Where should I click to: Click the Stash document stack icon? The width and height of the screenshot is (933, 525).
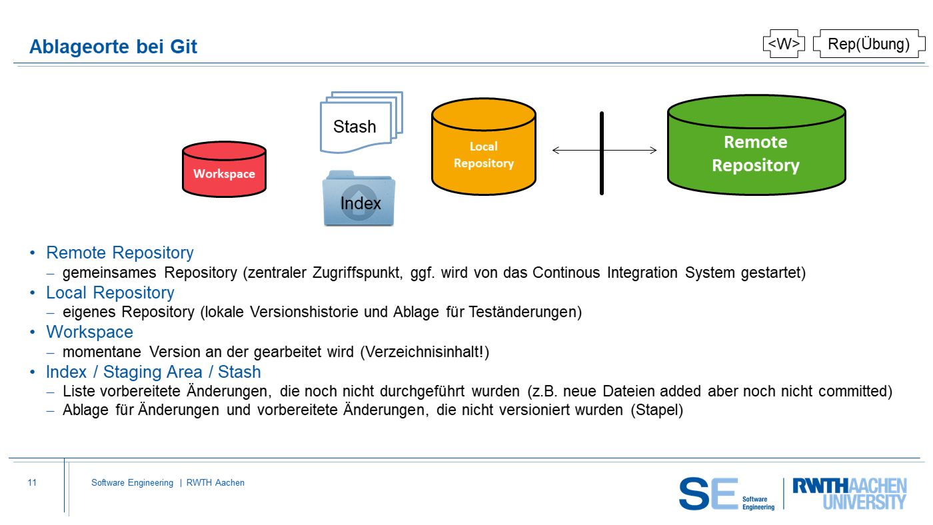361,123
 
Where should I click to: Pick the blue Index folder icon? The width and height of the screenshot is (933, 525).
359,199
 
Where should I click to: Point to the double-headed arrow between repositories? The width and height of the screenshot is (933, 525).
573,151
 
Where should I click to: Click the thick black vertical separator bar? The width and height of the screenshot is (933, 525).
602,153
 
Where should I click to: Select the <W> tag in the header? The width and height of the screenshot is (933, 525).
784,44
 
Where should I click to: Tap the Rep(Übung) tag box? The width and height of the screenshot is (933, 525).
868,44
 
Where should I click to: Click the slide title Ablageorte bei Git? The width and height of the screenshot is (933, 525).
113,47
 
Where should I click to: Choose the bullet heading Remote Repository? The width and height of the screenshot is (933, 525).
120,253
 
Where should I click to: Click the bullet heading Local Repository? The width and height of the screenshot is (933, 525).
110,292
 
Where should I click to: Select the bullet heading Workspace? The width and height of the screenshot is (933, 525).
89,332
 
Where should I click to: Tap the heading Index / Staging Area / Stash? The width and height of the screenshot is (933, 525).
153,372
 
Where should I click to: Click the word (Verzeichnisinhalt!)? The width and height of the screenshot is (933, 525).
425,352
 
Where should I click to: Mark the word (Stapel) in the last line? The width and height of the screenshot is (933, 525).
657,410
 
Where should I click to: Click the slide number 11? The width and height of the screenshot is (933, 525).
32,483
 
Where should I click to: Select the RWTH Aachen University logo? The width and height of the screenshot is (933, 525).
849,494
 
